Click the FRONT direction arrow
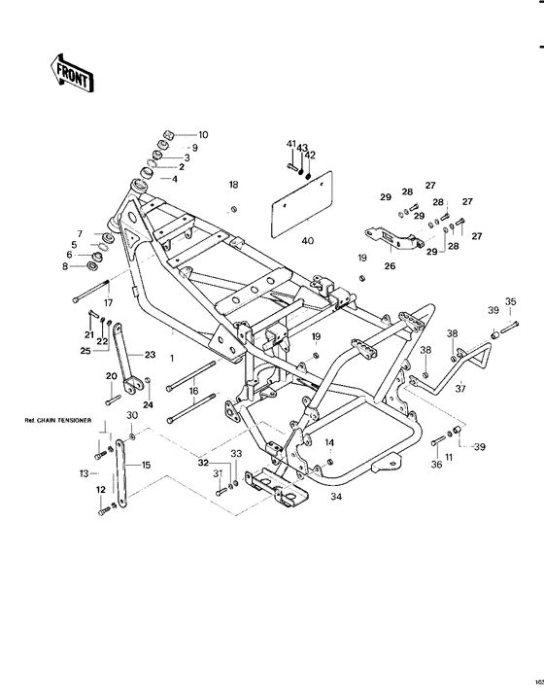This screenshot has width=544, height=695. [x=70, y=74]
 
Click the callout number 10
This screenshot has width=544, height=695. [x=203, y=134]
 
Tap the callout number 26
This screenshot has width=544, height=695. [x=390, y=262]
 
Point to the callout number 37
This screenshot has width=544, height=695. [x=460, y=389]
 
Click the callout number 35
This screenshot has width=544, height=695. [x=510, y=301]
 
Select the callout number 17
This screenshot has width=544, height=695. [x=108, y=290]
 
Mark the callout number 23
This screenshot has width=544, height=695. [x=150, y=354]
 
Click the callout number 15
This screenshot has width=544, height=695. [x=146, y=466]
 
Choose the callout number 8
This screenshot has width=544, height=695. [x=65, y=265]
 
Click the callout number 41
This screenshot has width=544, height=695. [x=290, y=144]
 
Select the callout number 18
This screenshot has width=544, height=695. [x=233, y=184]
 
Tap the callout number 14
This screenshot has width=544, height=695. [x=329, y=442]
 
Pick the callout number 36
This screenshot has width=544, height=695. [x=435, y=465]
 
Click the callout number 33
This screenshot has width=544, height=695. [x=235, y=454]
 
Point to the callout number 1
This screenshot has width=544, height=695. [x=172, y=358]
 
